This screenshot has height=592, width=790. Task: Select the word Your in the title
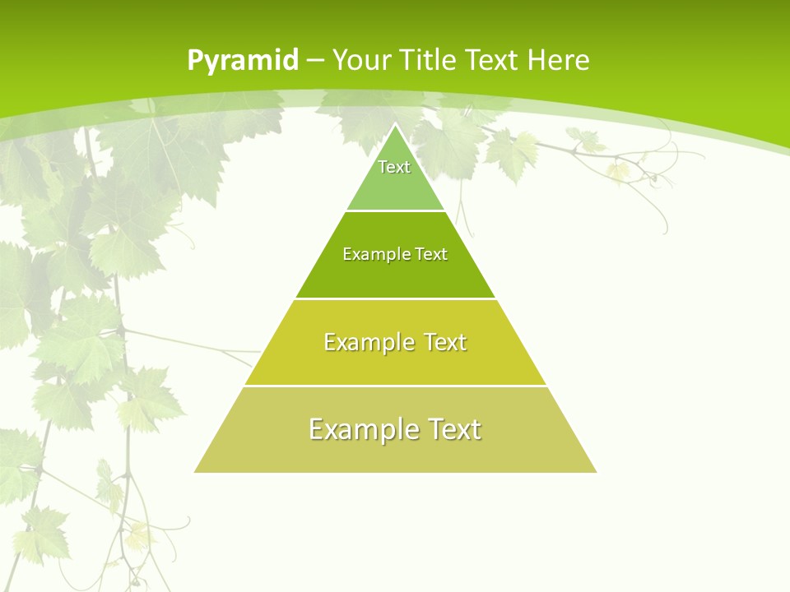click(x=362, y=61)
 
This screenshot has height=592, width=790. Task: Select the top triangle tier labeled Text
click(x=395, y=177)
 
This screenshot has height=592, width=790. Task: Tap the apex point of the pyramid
click(x=396, y=125)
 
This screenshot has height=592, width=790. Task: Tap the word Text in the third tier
click(x=443, y=342)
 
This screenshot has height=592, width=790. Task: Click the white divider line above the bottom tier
click(x=395, y=386)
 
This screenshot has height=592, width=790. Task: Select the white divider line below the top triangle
click(x=395, y=211)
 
